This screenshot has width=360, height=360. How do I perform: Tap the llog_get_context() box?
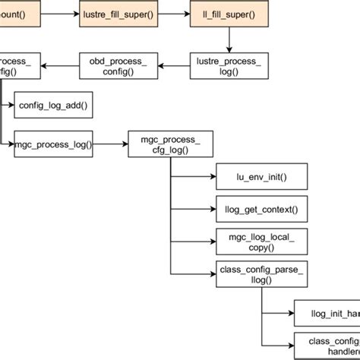pos(262,207)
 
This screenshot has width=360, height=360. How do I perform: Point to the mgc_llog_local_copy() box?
pos(262,239)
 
